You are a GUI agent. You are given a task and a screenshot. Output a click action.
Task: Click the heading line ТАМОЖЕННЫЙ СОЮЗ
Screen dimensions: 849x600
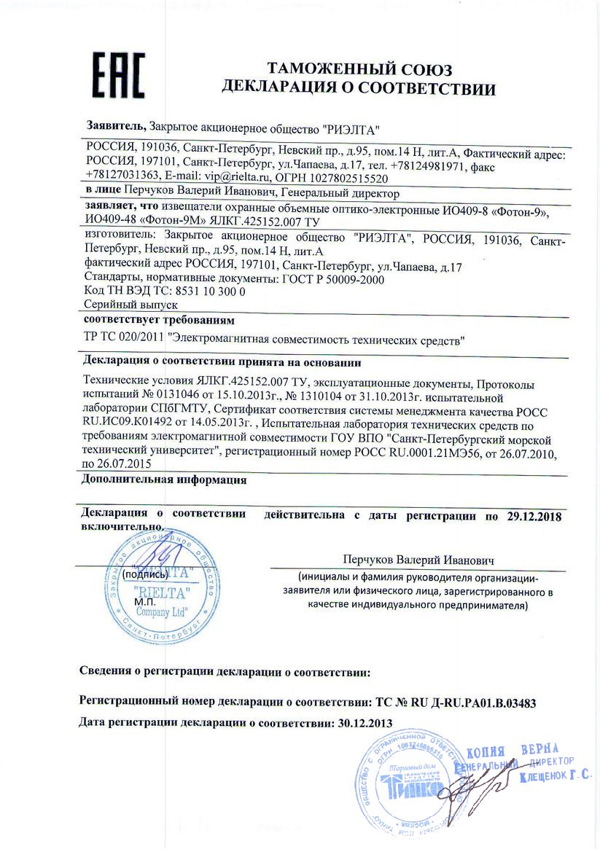tap(359, 70)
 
